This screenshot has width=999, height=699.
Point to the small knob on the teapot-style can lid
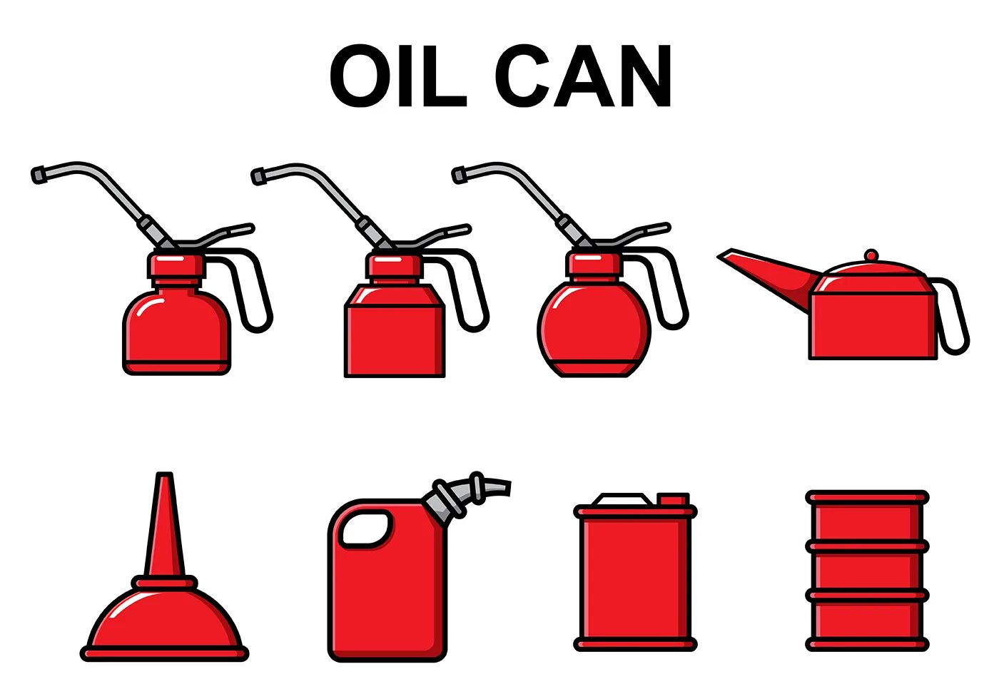pyautogui.click(x=871, y=255)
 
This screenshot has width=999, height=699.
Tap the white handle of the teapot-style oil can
pyautogui.click(x=954, y=317)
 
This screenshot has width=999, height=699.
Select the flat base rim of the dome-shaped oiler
pyautogui.click(x=164, y=653)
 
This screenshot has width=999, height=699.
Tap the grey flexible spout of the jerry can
pyautogui.click(x=478, y=489)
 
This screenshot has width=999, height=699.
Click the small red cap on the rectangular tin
pyautogui.click(x=673, y=499)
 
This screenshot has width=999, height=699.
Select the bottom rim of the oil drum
pyautogui.click(x=867, y=645)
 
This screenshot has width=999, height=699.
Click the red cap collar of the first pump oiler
pyautogui.click(x=176, y=265)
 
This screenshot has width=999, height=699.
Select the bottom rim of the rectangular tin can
pyautogui.click(x=635, y=645)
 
